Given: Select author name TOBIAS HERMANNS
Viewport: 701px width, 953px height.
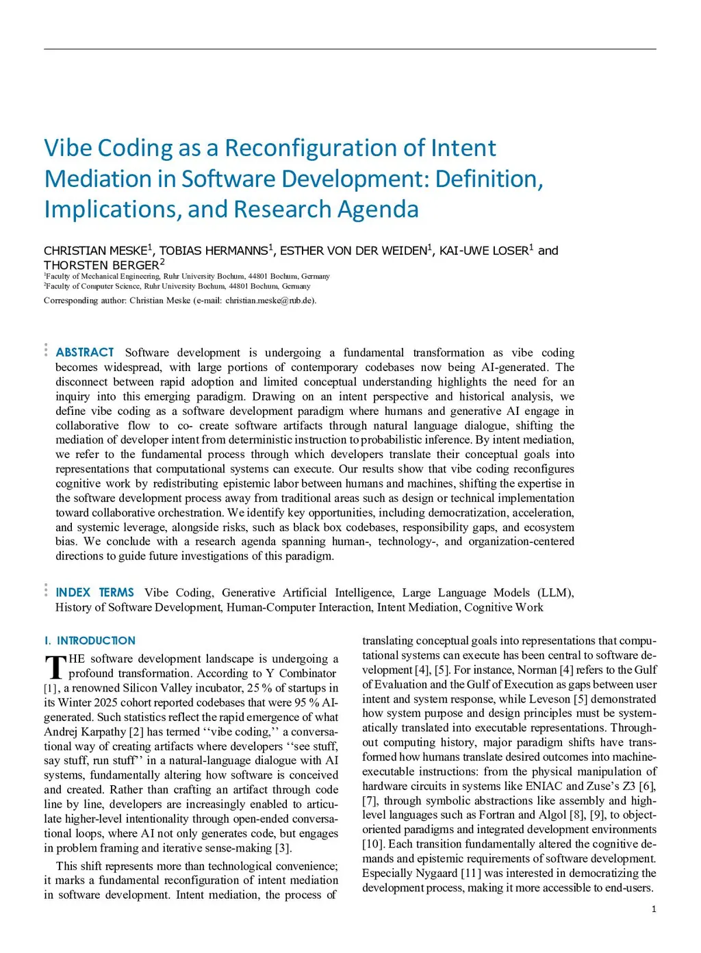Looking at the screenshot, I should (x=214, y=251).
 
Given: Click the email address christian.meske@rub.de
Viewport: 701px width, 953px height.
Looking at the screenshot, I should (x=270, y=301).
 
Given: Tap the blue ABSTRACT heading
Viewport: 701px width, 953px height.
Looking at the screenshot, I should (x=85, y=353).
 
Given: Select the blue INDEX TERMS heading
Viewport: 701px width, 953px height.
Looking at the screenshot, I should (x=94, y=593).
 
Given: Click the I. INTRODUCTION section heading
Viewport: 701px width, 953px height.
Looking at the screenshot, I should (x=90, y=641).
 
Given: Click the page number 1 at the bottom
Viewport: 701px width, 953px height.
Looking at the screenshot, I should (x=654, y=909).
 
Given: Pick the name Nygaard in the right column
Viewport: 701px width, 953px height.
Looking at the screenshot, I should (x=435, y=873).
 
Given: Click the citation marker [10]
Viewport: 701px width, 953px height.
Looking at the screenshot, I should (x=373, y=844).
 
